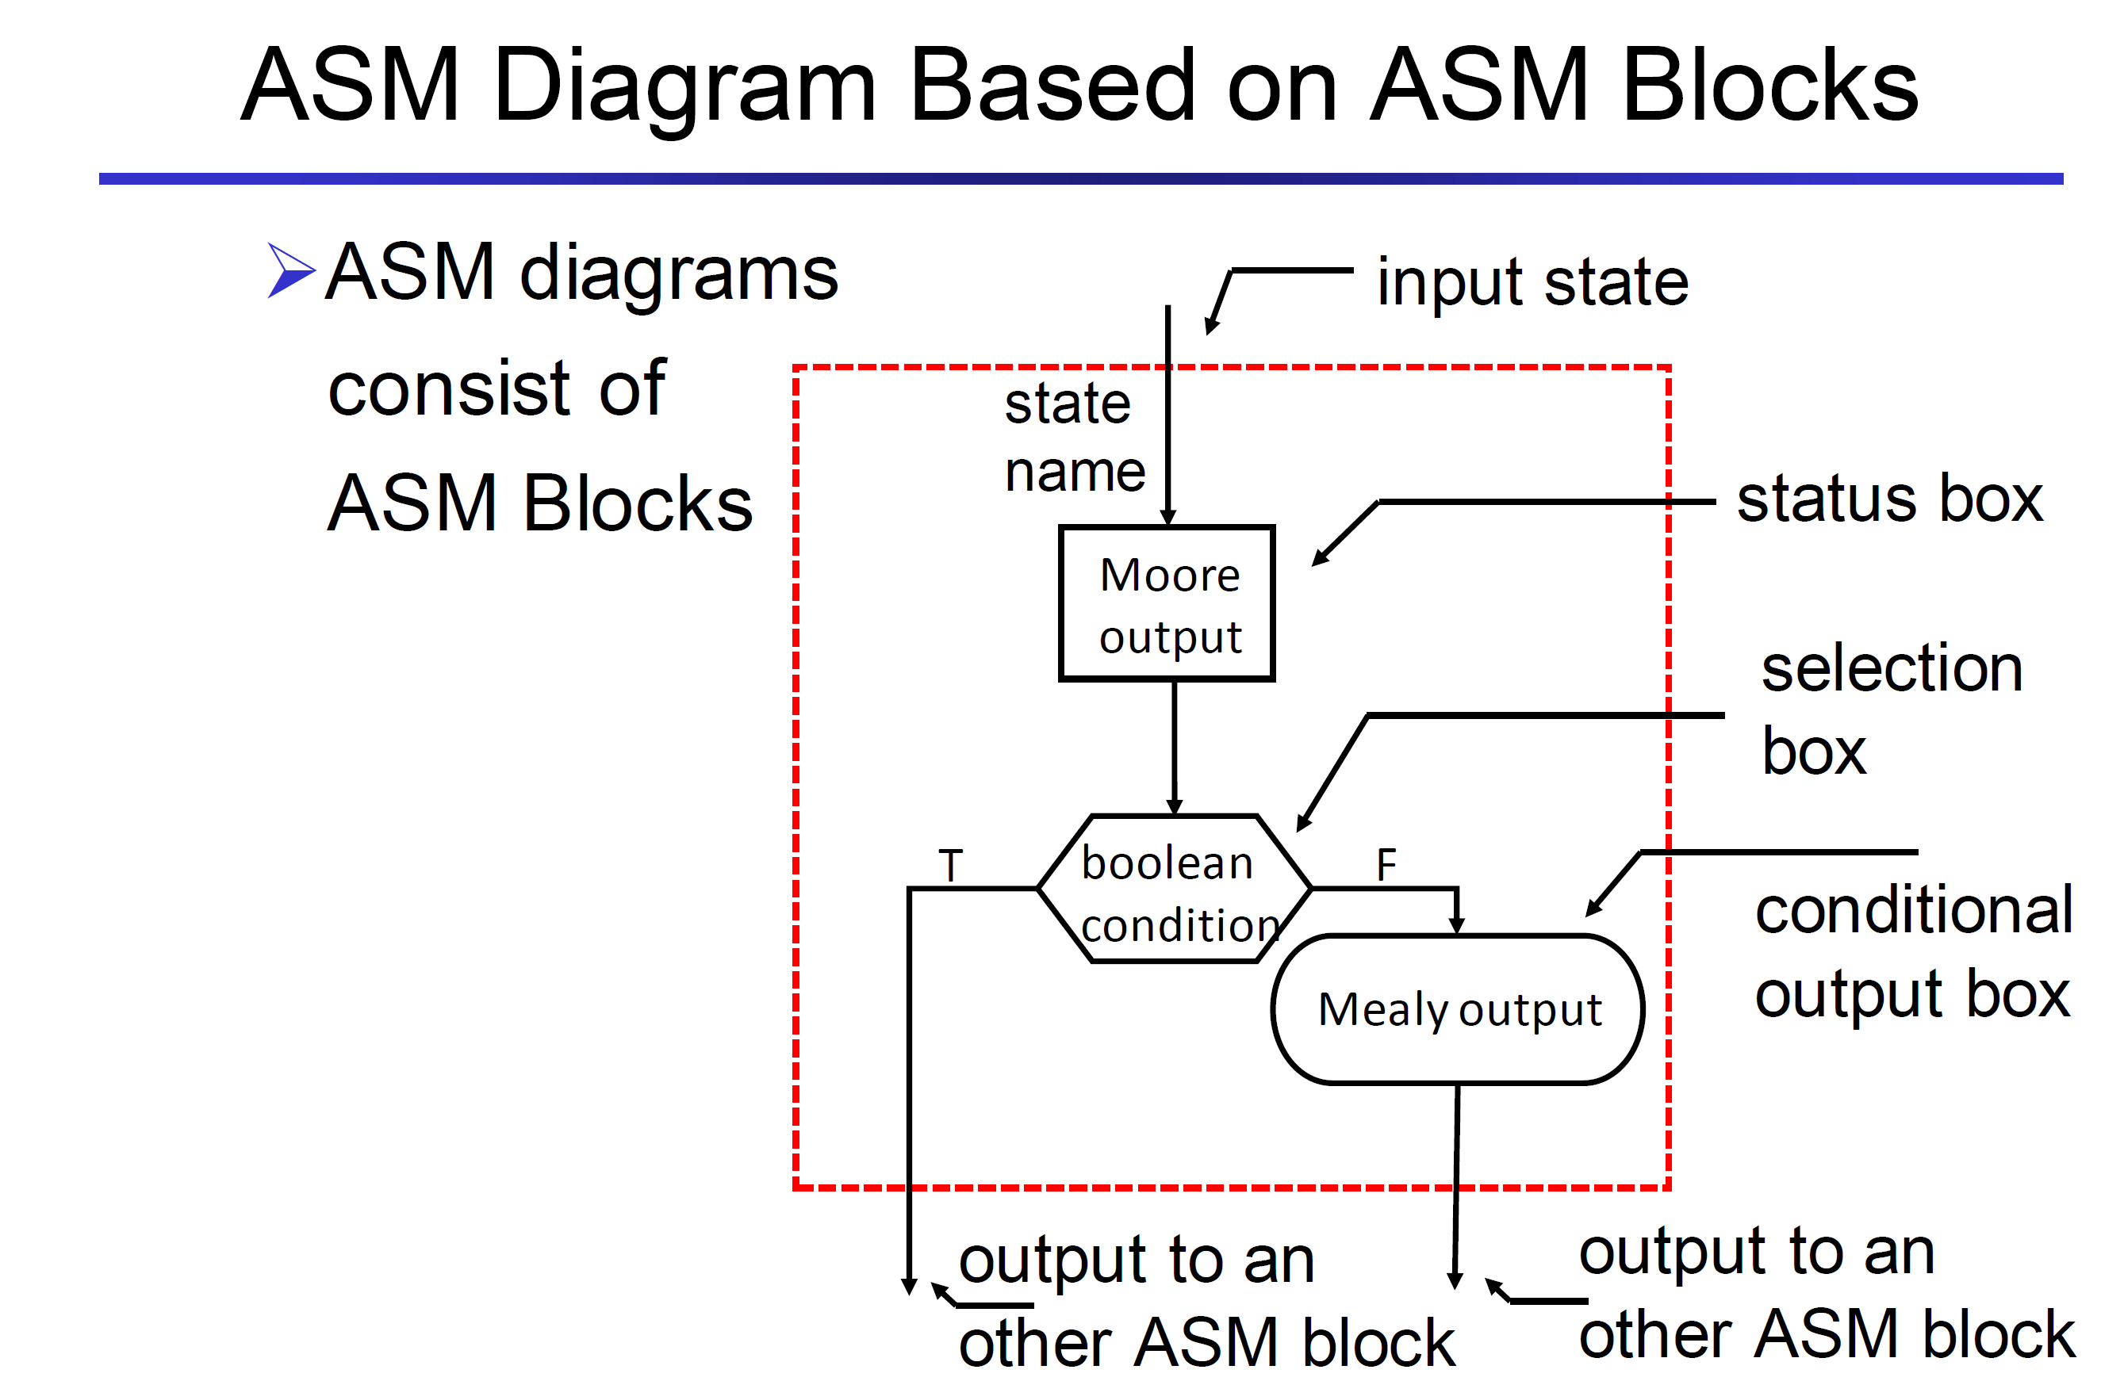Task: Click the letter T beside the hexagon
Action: pyautogui.click(x=950, y=864)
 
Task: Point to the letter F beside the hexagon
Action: pyautogui.click(x=1386, y=863)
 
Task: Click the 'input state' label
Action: pyautogui.click(x=1532, y=282)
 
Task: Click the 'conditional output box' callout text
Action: pyautogui.click(x=1913, y=952)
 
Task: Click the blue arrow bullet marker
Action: pyautogui.click(x=291, y=270)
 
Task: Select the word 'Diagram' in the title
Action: pyautogui.click(x=684, y=86)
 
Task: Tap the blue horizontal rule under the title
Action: pyautogui.click(x=1081, y=178)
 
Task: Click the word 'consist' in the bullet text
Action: pyautogui.click(x=449, y=388)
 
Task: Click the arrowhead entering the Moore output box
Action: pyautogui.click(x=1167, y=518)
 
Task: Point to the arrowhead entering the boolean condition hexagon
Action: pyautogui.click(x=1175, y=805)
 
